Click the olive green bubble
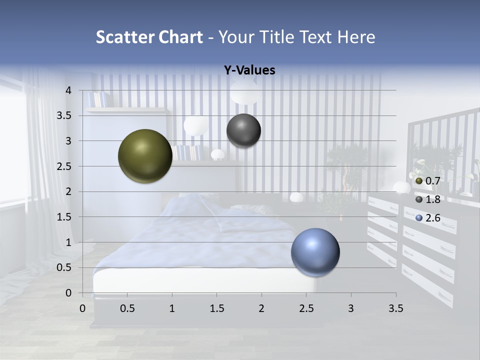[x=145, y=156]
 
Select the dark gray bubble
[x=243, y=130]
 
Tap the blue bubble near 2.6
[x=315, y=252]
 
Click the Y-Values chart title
[x=249, y=70]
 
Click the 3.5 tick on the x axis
[x=395, y=308]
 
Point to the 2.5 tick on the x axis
[x=306, y=308]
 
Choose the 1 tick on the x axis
[x=172, y=308]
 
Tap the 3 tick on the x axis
[x=350, y=308]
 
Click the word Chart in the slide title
[x=180, y=37]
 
